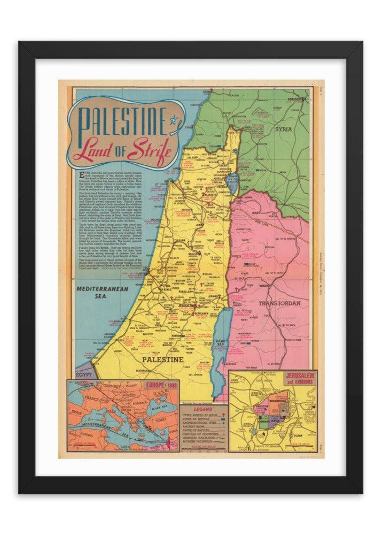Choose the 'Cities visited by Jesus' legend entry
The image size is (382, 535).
(198, 415)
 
